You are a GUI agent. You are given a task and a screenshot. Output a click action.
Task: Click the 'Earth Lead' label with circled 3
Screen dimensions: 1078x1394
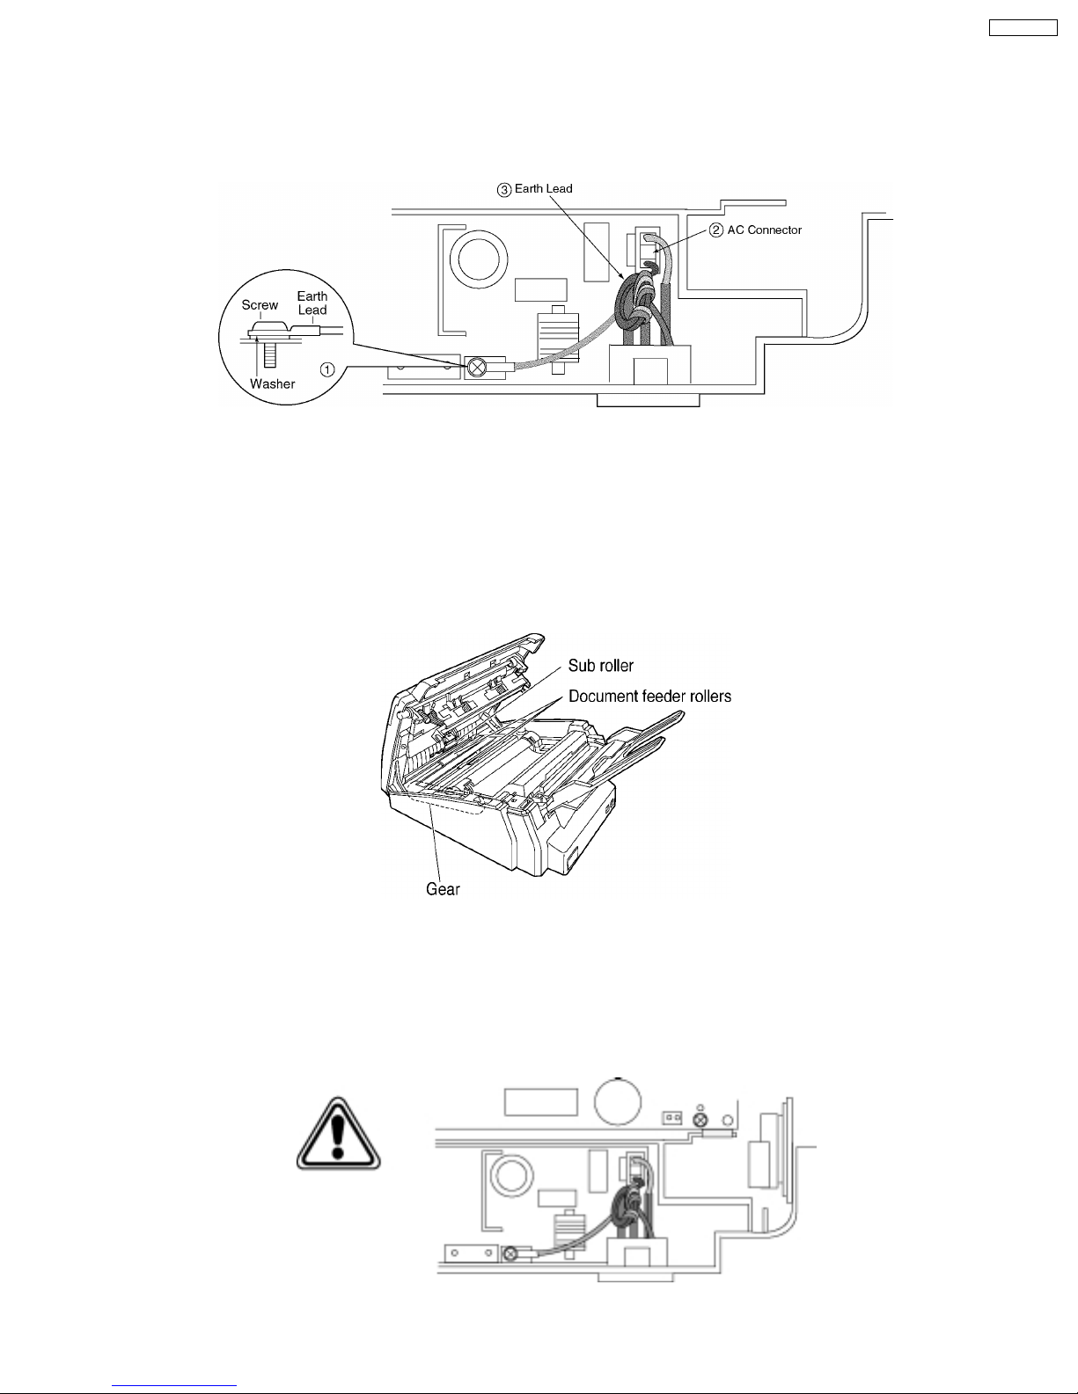[534, 188]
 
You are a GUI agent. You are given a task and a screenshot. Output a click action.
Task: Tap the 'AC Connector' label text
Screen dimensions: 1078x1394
[764, 230]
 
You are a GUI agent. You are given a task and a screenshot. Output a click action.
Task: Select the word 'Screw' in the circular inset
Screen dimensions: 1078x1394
[260, 304]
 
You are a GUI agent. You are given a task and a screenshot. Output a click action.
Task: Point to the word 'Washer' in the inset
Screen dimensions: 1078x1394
[272, 383]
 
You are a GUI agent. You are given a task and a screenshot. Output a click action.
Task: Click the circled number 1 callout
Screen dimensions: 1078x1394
[327, 369]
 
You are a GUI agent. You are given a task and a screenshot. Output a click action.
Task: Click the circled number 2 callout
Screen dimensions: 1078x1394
[716, 230]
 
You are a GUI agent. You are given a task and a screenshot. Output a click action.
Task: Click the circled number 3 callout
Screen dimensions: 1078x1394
[504, 190]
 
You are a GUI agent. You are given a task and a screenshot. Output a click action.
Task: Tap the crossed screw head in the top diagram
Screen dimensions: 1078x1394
[477, 368]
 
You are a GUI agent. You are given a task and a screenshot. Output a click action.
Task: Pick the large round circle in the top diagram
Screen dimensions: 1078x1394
[479, 260]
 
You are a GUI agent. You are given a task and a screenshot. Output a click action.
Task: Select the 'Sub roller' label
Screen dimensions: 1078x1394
[600, 665]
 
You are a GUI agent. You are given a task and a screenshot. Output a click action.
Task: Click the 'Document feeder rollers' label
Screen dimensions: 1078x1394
[649, 696]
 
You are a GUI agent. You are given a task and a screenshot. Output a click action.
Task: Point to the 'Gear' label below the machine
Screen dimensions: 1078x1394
[443, 888]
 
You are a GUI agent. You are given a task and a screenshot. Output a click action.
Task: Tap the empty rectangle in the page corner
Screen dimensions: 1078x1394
[1023, 27]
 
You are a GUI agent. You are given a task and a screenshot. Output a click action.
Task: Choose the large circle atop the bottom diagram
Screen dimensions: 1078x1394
[617, 1101]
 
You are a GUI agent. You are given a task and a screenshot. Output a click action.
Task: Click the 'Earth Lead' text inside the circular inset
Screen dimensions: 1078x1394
[312, 303]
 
